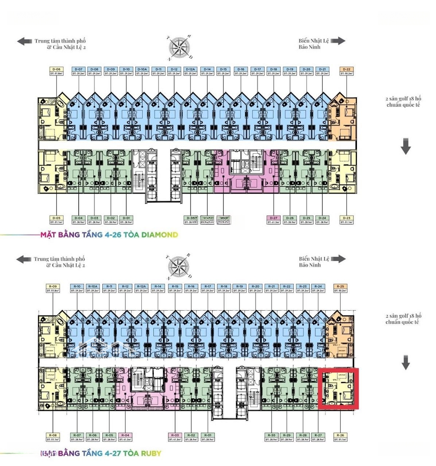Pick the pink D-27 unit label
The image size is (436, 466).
tap(273, 218)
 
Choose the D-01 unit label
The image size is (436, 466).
tap(126, 218)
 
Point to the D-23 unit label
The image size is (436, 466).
tap(347, 218)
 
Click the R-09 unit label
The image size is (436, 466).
tap(53, 287)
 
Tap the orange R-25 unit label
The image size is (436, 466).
tap(340, 287)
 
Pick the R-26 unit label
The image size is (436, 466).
tap(340, 435)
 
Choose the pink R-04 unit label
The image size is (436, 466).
tap(126, 435)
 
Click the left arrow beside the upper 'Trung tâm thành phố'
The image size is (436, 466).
tap(24, 41)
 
